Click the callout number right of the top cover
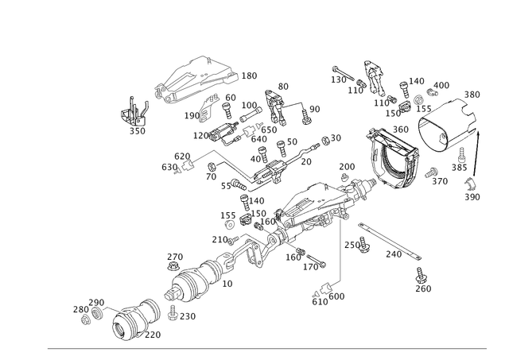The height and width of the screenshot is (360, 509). point(250,75)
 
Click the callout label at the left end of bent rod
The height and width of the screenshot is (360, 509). point(169,166)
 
